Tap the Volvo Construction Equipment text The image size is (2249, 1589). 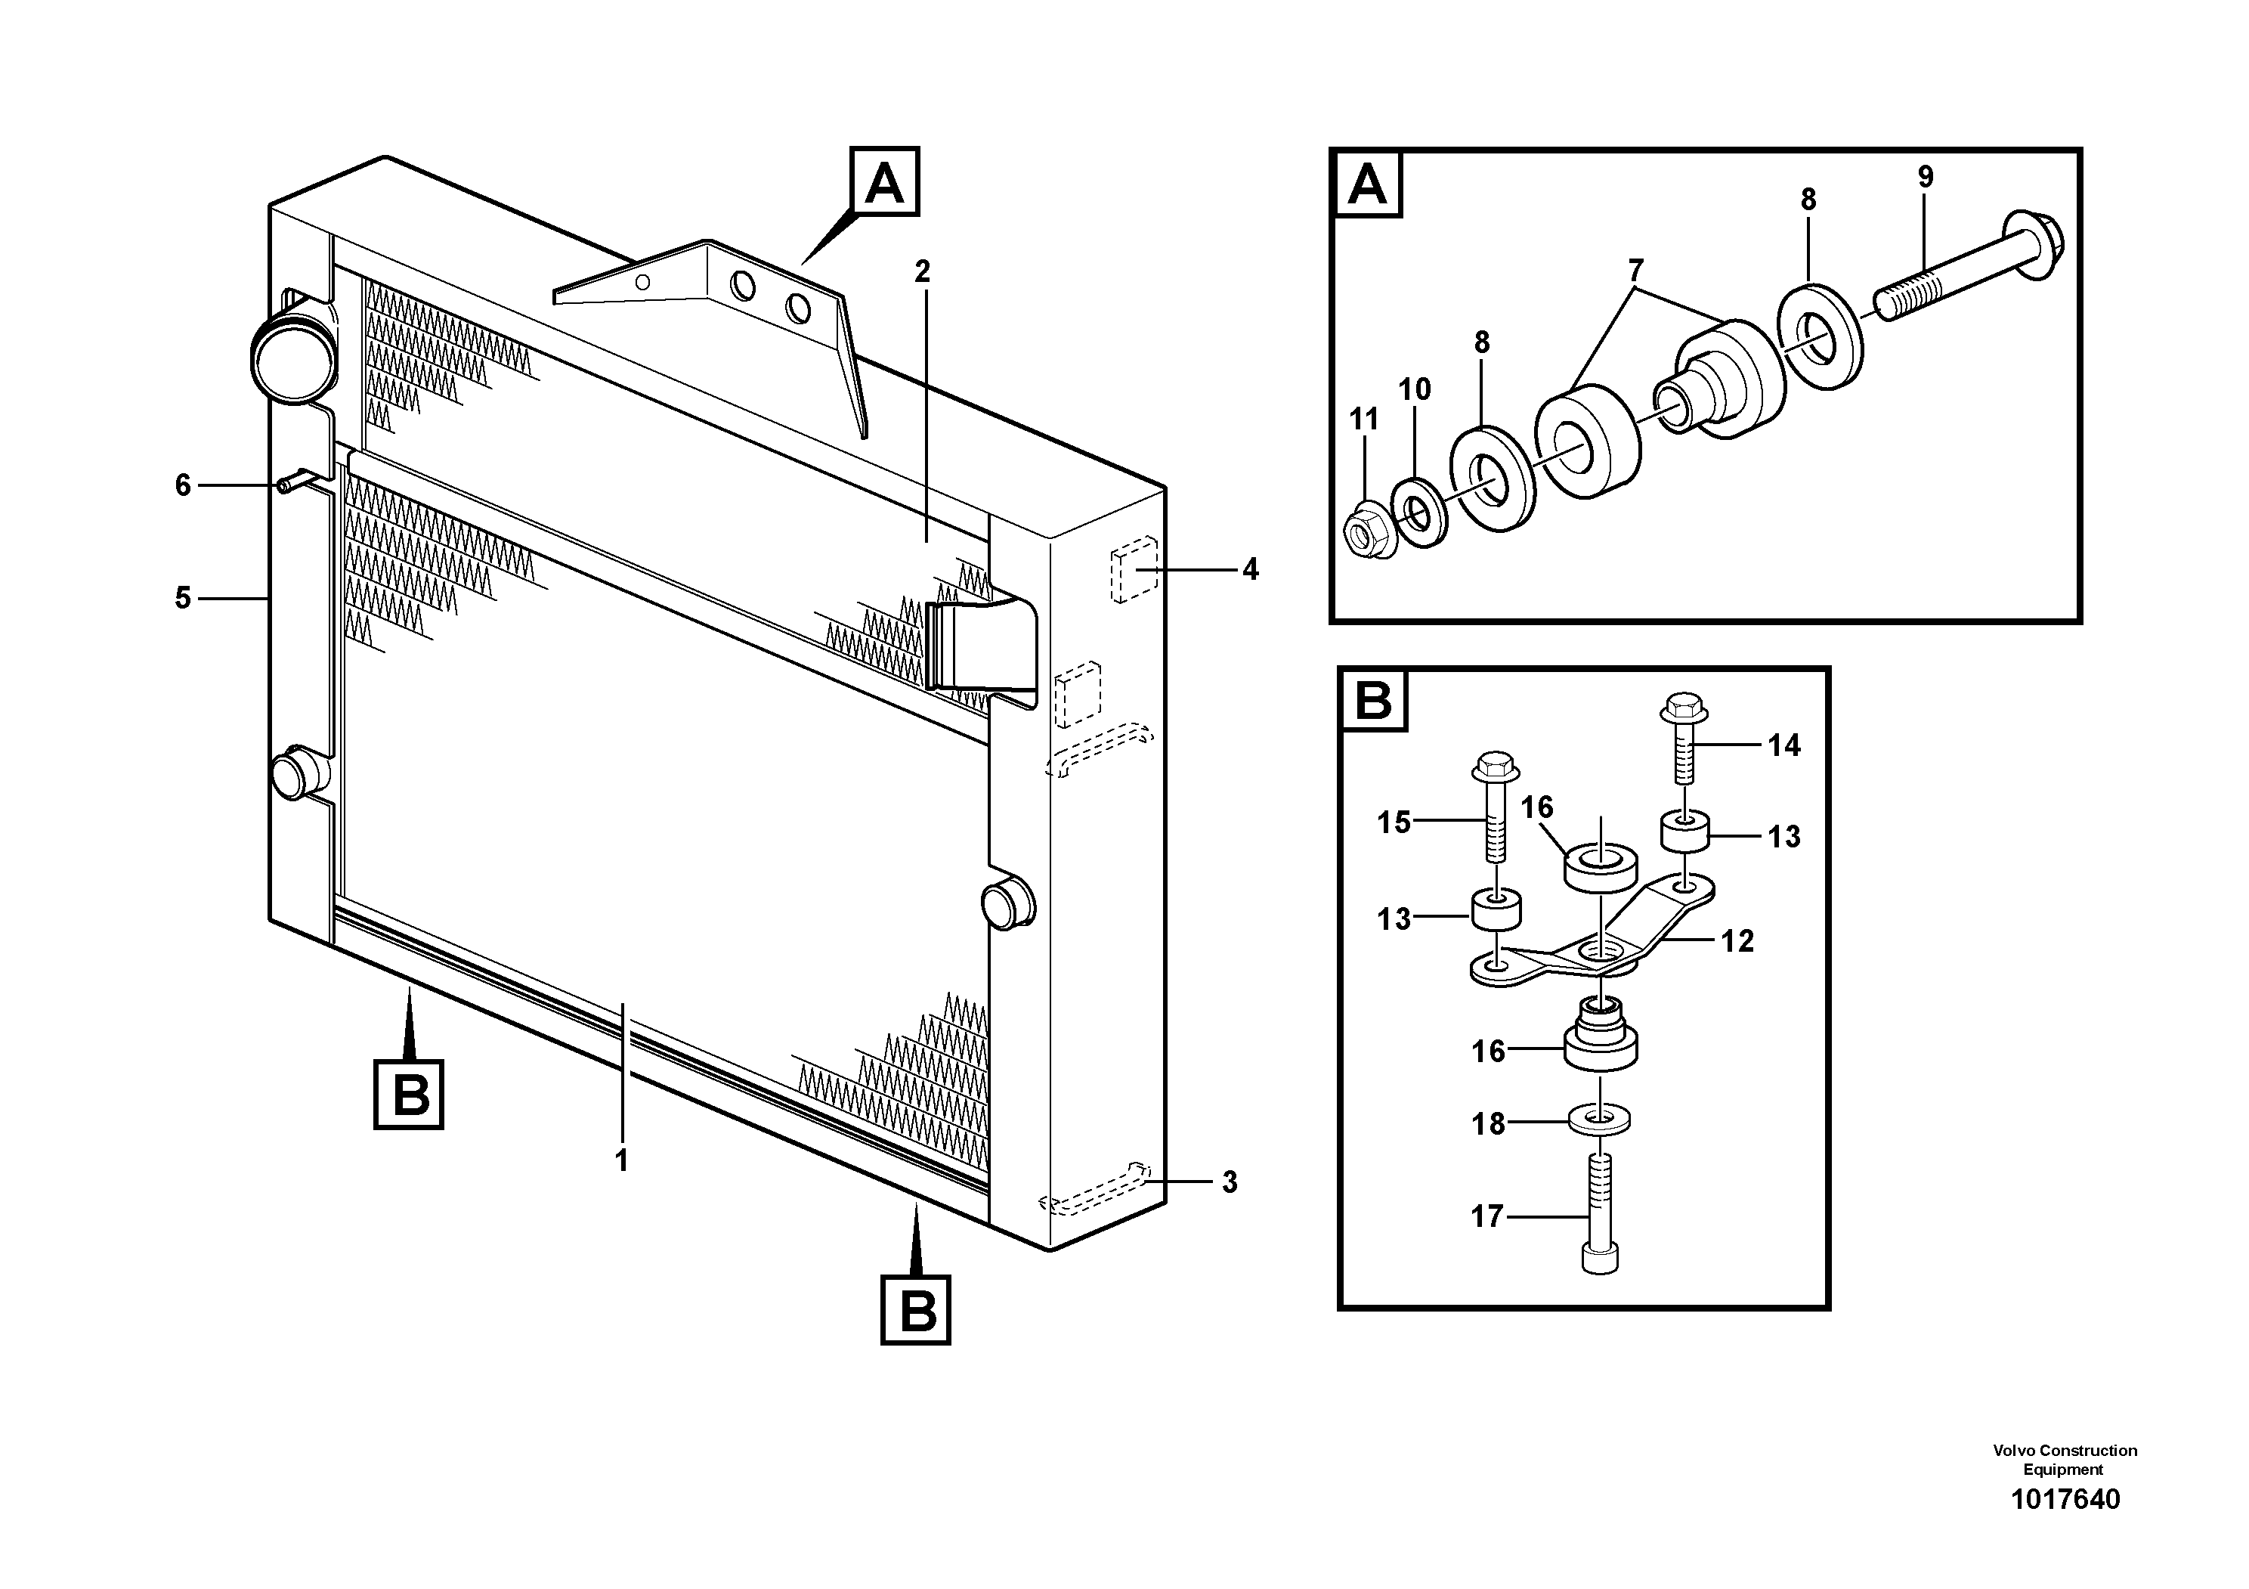pyautogui.click(x=2064, y=1459)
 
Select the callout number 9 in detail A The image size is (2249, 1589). pyautogui.click(x=1925, y=178)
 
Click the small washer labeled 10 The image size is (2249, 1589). pyautogui.click(x=1418, y=511)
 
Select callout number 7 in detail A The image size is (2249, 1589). pyautogui.click(x=1635, y=271)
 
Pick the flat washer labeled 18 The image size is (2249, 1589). pyautogui.click(x=1598, y=1119)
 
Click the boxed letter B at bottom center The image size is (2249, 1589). pyautogui.click(x=916, y=1309)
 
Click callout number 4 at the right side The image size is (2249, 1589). pyautogui.click(x=1250, y=569)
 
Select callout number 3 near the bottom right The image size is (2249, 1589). pyautogui.click(x=1230, y=1182)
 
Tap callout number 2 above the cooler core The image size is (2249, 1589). pyautogui.click(x=922, y=271)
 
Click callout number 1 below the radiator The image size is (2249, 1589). pyautogui.click(x=621, y=1161)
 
